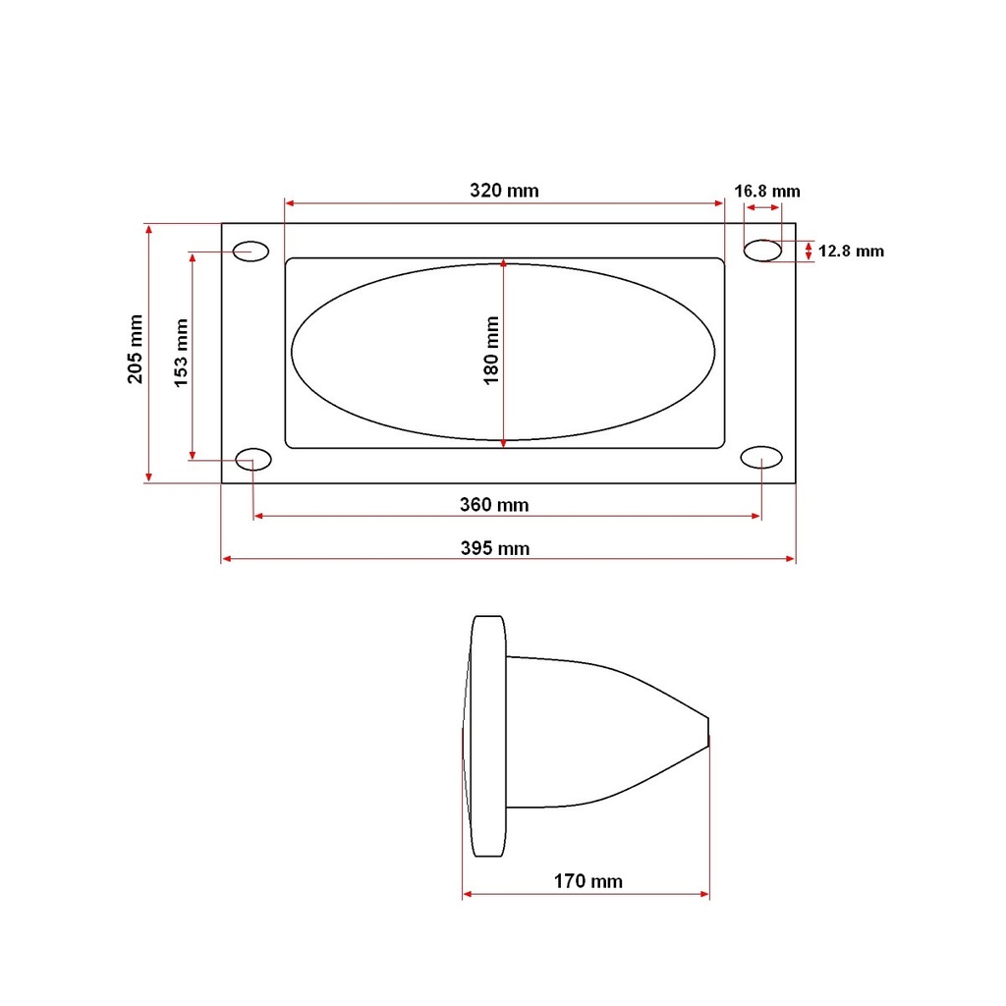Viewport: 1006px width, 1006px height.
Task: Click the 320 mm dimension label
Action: (x=504, y=191)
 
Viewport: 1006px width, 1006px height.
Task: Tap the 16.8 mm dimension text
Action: (x=767, y=192)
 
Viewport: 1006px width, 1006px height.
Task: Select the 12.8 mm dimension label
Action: (x=851, y=251)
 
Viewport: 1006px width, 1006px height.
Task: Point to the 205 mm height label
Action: (x=135, y=349)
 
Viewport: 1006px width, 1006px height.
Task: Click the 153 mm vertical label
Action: (x=181, y=353)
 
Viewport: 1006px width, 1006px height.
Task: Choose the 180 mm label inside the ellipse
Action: (x=491, y=351)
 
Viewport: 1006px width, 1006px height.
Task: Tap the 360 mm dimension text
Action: (x=494, y=505)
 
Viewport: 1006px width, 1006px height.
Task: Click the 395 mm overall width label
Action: (x=495, y=548)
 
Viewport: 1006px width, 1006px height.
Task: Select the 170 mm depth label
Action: (x=588, y=881)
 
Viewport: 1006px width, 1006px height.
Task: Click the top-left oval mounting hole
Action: (x=251, y=251)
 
